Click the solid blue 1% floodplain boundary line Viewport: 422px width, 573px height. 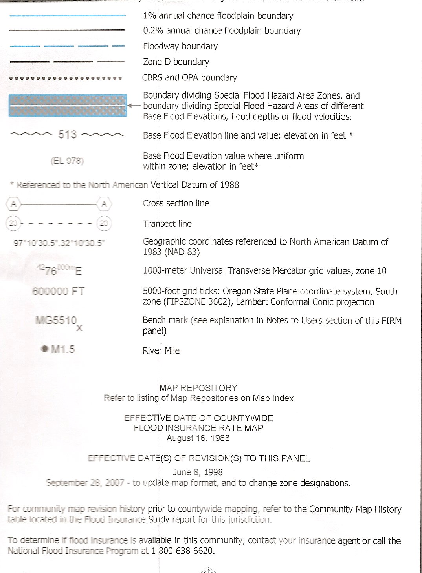pyautogui.click(x=67, y=16)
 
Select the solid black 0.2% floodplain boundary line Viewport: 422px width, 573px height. pyautogui.click(x=67, y=30)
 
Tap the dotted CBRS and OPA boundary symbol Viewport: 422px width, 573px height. pyautogui.click(x=65, y=78)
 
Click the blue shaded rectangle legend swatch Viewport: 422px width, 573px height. pyautogui.click(x=68, y=106)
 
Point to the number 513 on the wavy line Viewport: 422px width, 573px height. pyautogui.click(x=67, y=135)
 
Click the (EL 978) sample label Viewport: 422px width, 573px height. pyautogui.click(x=67, y=161)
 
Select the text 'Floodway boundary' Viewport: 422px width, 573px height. pyautogui.click(x=180, y=46)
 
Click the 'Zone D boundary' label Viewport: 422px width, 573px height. pyautogui.click(x=176, y=62)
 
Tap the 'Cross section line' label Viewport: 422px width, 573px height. pyautogui.click(x=176, y=203)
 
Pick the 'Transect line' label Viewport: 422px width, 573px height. pyautogui.click(x=167, y=224)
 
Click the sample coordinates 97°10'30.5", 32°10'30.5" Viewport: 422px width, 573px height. pyautogui.click(x=59, y=243)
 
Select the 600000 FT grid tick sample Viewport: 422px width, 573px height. pyautogui.click(x=58, y=291)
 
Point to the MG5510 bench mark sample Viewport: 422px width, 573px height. pyautogui.click(x=56, y=321)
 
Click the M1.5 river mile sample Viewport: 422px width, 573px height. pyautogui.click(x=59, y=349)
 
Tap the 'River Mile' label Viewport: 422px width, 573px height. pyautogui.click(x=161, y=350)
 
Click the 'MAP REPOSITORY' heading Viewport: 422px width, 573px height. pyautogui.click(x=198, y=388)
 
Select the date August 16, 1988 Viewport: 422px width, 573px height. pyautogui.click(x=198, y=438)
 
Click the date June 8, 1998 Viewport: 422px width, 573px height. pyautogui.click(x=198, y=472)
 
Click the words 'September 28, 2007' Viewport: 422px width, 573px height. pyautogui.click(x=85, y=483)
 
